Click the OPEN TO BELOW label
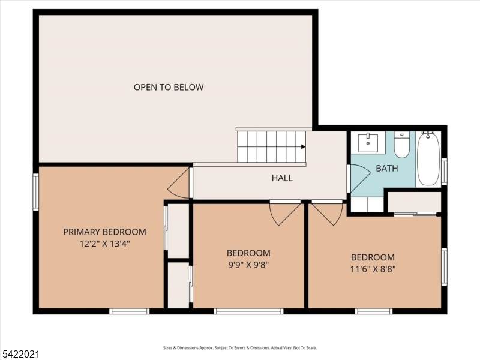[169, 87]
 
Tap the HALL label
[282, 178]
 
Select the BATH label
[387, 168]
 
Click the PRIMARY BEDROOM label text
[104, 232]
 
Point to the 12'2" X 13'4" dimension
[104, 244]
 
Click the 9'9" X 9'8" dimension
[248, 265]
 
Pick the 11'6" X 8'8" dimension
[373, 269]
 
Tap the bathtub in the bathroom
[428, 158]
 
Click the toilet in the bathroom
[402, 145]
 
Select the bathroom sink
[368, 143]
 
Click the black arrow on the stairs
[303, 146]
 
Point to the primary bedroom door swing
[178, 183]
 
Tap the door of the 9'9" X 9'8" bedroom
[285, 214]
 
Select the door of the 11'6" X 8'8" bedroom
[327, 214]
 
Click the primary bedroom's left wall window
[36, 192]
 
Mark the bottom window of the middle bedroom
[248, 311]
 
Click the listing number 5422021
[20, 355]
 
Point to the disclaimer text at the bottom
[240, 348]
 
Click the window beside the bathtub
[444, 172]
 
